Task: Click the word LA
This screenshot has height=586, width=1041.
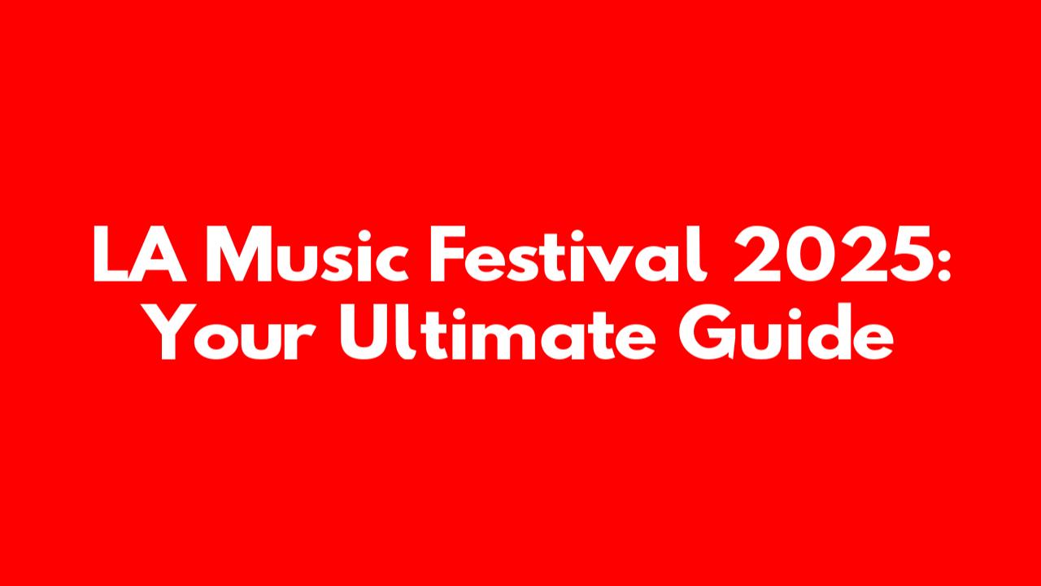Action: (x=140, y=254)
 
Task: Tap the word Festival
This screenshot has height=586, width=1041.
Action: (x=568, y=254)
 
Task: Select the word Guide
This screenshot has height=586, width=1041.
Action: (x=786, y=331)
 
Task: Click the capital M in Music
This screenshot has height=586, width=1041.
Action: (x=238, y=254)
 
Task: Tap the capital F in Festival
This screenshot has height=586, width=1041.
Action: (x=448, y=254)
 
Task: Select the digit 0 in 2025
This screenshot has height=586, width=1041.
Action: (x=810, y=255)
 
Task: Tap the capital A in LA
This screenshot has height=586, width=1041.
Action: (x=162, y=254)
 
